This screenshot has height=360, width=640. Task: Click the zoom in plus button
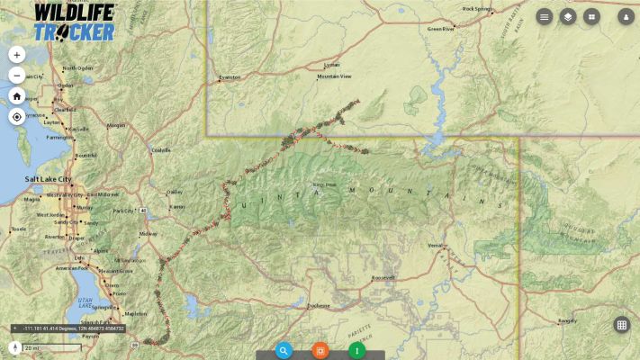(x=16, y=54)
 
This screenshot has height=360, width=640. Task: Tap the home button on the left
(x=16, y=96)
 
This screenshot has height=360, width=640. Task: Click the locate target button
(x=16, y=117)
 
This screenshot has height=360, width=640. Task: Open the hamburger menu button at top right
(x=545, y=16)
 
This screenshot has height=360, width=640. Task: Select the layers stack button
(x=568, y=16)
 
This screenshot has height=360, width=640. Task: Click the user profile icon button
(x=626, y=16)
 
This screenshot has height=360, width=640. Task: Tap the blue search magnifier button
(x=284, y=350)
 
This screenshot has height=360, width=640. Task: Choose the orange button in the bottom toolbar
(x=320, y=350)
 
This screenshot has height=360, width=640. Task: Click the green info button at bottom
(x=357, y=350)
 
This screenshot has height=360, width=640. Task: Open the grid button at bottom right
(x=621, y=325)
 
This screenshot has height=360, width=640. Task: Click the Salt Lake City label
(x=48, y=180)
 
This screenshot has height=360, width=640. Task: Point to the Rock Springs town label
(x=477, y=9)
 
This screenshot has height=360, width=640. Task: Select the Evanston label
(x=230, y=77)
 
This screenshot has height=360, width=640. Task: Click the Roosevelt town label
(x=383, y=278)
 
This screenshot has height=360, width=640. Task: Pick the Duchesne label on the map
(x=319, y=306)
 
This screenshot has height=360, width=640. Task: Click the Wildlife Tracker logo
(x=75, y=22)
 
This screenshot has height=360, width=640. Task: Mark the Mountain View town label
(x=334, y=77)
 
